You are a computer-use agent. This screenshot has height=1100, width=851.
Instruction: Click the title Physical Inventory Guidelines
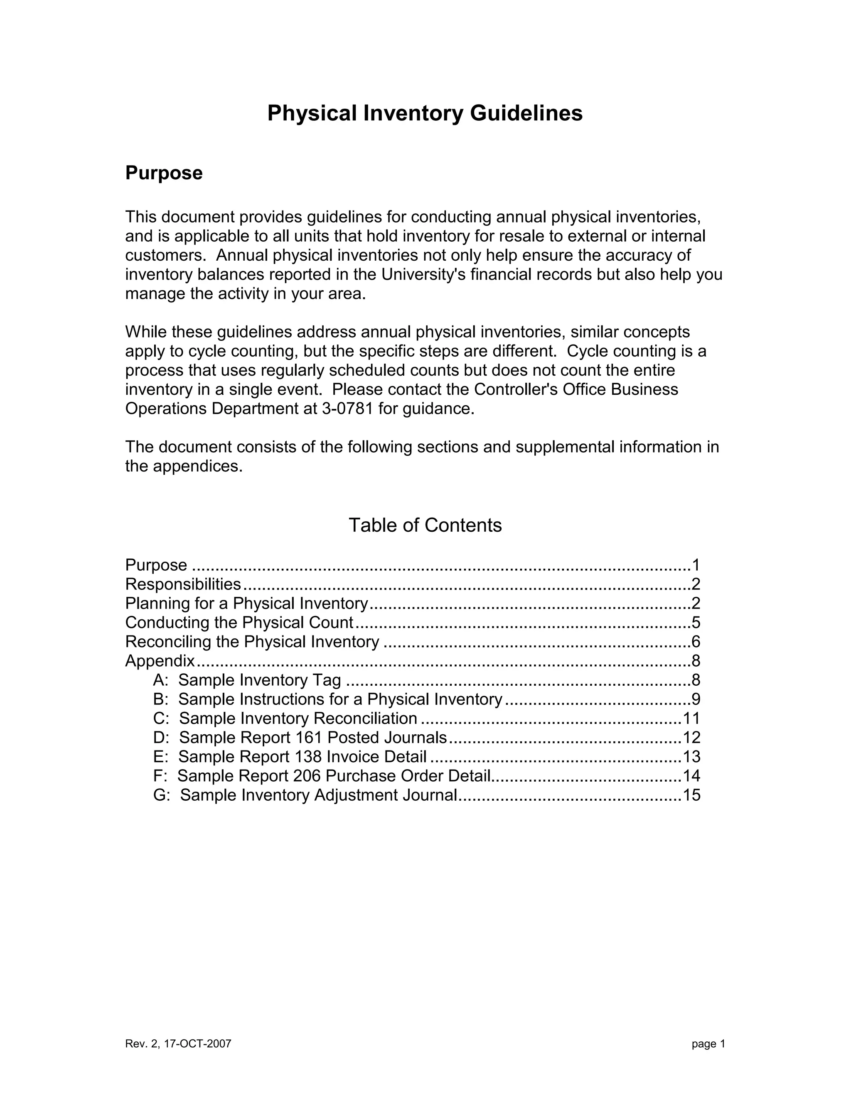coord(425,113)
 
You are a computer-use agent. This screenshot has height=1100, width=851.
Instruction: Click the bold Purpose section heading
coord(164,173)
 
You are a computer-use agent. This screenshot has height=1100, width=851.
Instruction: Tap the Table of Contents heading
coord(425,526)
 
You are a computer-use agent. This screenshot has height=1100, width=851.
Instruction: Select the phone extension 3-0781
coord(347,408)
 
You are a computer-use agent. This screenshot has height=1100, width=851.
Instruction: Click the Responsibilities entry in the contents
coord(183,584)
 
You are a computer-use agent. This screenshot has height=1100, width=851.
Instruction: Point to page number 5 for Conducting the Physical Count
coord(696,623)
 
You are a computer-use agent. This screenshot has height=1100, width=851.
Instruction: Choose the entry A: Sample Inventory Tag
coord(247,680)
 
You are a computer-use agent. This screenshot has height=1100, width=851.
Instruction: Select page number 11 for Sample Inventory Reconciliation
coord(691,719)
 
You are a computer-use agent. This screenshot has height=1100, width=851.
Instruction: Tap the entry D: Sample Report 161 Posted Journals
coord(300,738)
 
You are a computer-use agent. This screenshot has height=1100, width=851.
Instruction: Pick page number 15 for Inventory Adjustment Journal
coord(691,795)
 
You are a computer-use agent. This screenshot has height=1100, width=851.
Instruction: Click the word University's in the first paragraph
coord(423,274)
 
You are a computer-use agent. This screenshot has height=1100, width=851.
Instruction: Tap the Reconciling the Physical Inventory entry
coord(252,642)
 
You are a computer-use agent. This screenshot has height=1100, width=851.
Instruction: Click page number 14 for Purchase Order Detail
coord(691,776)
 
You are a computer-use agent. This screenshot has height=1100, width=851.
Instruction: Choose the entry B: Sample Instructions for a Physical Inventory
coord(328,699)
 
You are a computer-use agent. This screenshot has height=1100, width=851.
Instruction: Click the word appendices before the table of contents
coord(198,467)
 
